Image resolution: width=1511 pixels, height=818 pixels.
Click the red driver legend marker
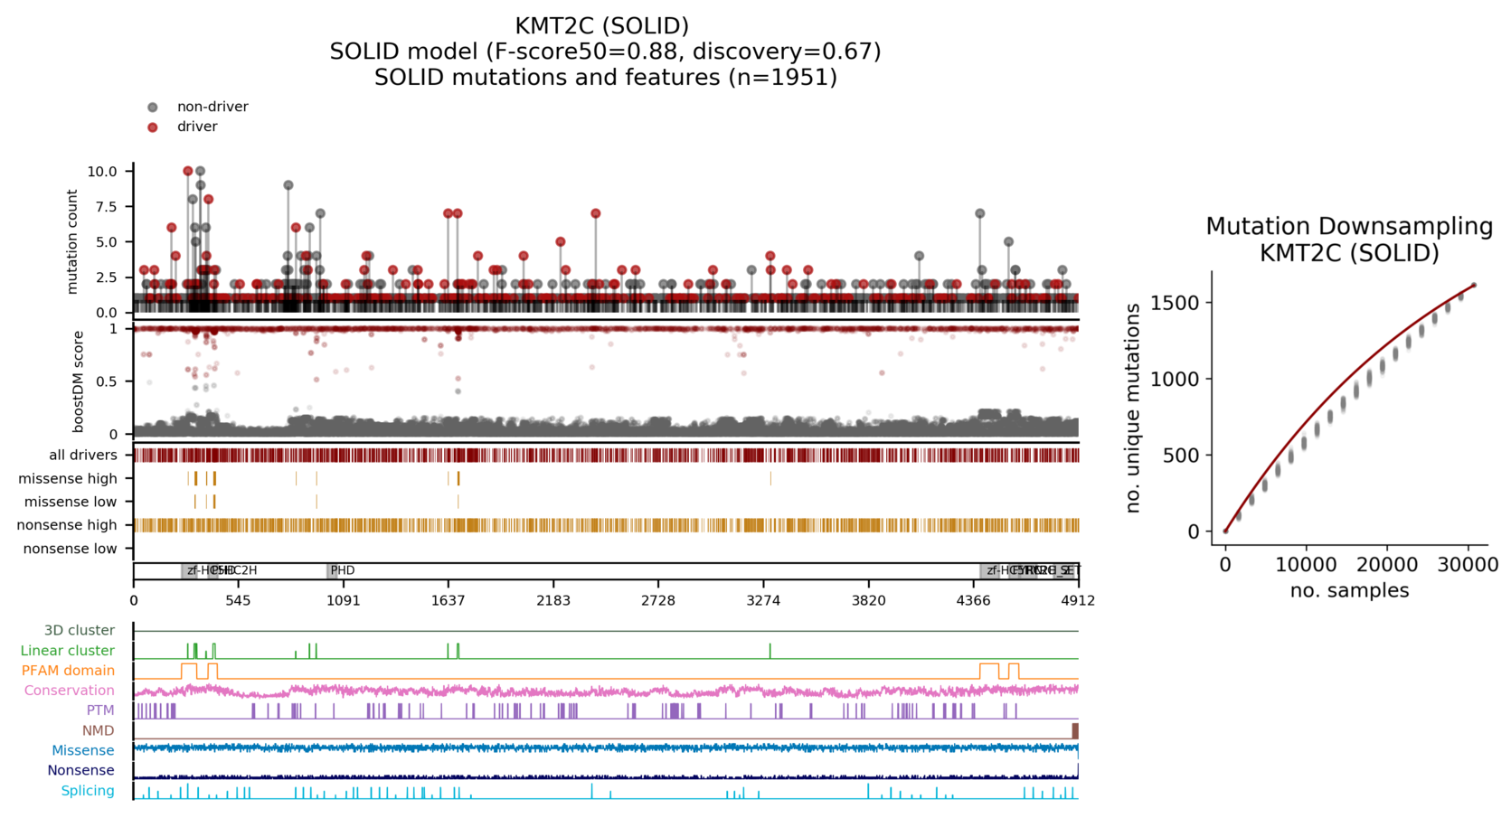(x=153, y=127)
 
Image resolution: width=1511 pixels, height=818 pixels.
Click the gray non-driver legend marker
(x=153, y=108)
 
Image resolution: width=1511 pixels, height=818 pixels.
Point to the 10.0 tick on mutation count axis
(x=102, y=172)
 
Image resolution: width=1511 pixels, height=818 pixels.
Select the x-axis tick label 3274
(x=763, y=600)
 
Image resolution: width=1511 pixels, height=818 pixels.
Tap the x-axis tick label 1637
(x=449, y=600)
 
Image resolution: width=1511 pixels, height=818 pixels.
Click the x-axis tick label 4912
(x=1078, y=600)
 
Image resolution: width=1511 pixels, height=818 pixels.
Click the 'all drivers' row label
(x=83, y=456)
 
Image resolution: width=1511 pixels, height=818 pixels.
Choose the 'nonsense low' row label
(x=71, y=549)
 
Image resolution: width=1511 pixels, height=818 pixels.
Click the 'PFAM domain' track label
(x=69, y=671)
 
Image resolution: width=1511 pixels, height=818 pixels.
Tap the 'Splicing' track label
(x=88, y=791)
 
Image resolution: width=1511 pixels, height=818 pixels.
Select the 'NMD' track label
(x=99, y=730)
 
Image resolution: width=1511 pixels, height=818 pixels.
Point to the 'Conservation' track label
(x=70, y=691)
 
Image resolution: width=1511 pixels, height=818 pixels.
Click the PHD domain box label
(x=342, y=570)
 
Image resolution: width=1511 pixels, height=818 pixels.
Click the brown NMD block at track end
(x=1075, y=730)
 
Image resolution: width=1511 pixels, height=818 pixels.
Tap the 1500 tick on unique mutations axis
(x=1181, y=303)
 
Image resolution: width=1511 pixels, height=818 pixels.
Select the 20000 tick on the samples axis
(x=1387, y=565)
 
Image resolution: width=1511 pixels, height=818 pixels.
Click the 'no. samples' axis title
(x=1349, y=591)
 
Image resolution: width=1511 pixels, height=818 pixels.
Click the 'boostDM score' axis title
(x=79, y=381)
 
